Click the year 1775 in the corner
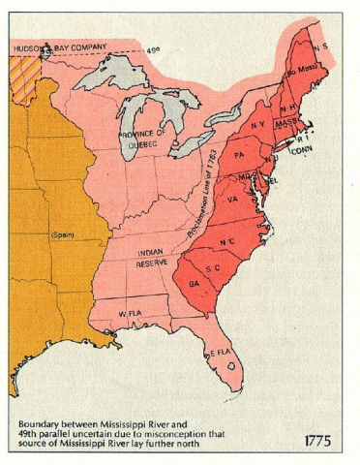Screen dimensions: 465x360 (317, 441)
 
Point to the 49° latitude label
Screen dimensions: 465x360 (154, 49)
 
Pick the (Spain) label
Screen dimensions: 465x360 (62, 235)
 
